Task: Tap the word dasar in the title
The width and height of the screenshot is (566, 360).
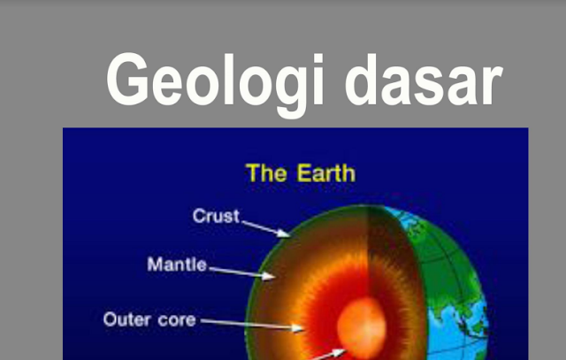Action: (x=423, y=80)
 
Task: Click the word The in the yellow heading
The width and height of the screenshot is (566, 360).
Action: (x=265, y=172)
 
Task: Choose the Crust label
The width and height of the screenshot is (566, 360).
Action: (x=216, y=216)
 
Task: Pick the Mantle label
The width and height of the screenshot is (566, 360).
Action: (x=177, y=264)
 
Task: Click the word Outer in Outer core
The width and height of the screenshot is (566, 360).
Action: (x=126, y=318)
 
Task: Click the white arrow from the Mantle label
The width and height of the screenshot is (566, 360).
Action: (x=243, y=271)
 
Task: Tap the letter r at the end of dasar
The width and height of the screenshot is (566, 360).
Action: (x=489, y=80)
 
